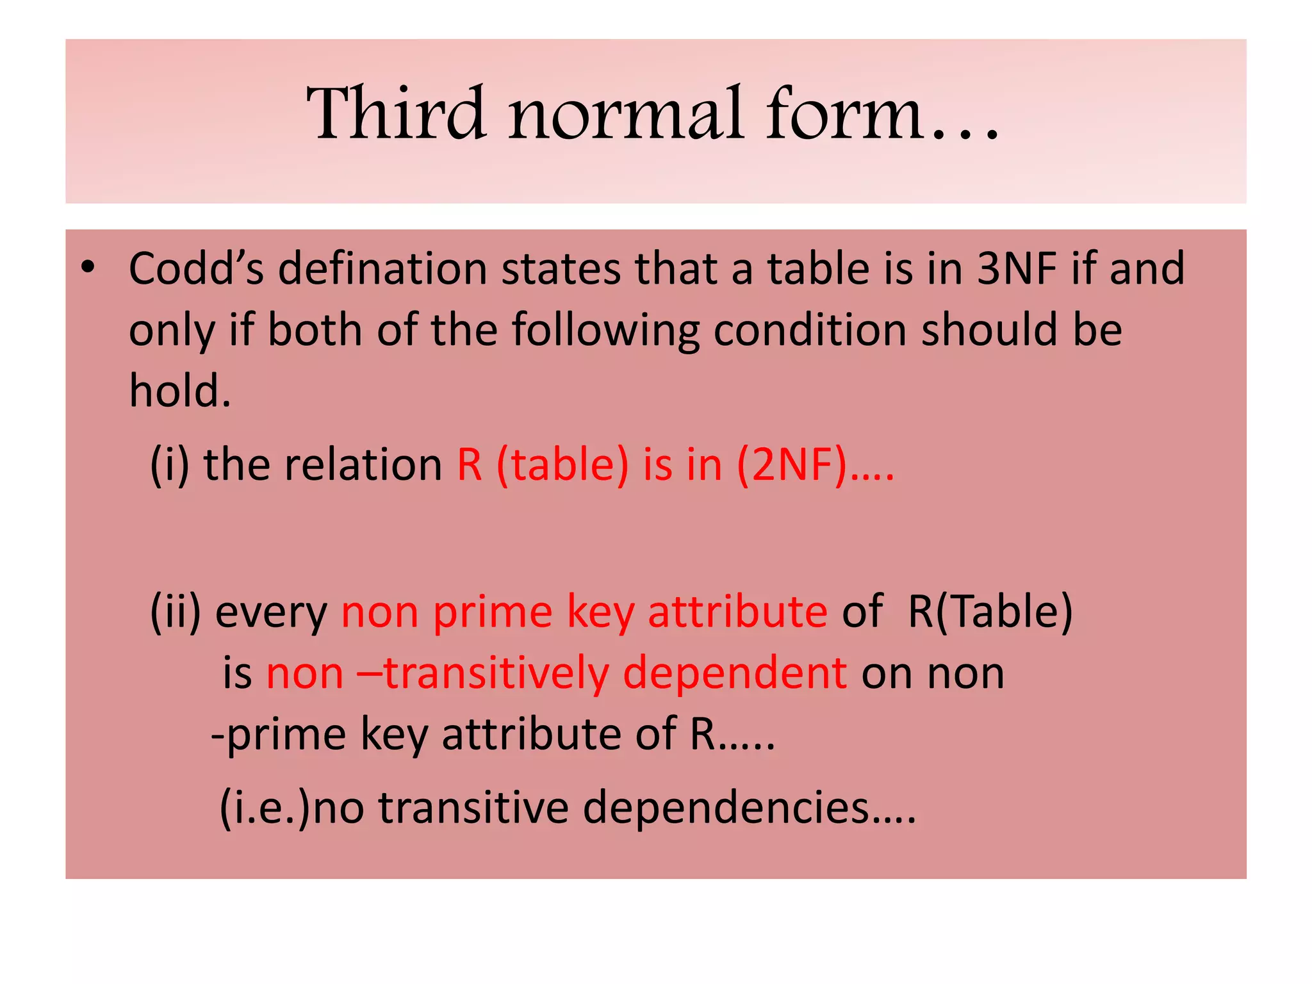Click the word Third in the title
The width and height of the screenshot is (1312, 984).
click(x=395, y=114)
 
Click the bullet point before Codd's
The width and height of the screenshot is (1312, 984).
click(x=88, y=267)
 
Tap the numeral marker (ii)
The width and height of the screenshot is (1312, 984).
click(x=175, y=612)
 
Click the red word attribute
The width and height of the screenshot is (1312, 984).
click(x=737, y=612)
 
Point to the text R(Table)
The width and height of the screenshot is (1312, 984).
click(x=990, y=612)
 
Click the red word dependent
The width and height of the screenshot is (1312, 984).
click(x=735, y=674)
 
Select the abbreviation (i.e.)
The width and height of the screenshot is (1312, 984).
click(x=265, y=807)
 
